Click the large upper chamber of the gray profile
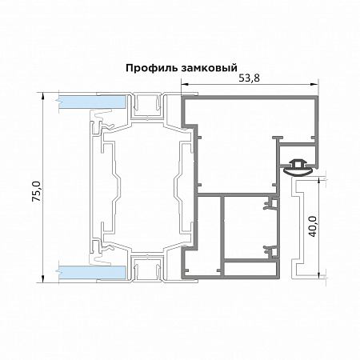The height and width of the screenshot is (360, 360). point(248,120)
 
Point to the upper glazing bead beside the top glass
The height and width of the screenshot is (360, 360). point(147,103)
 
